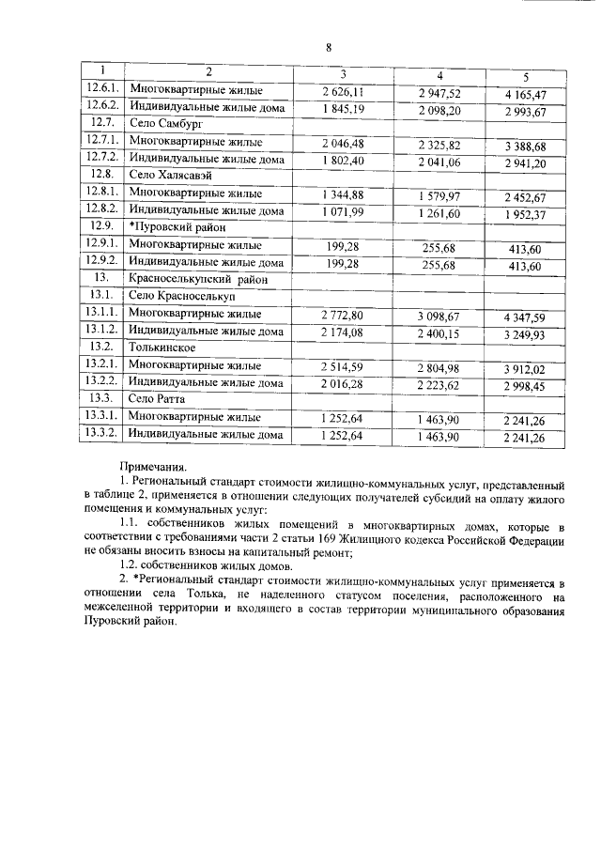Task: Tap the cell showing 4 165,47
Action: point(525,95)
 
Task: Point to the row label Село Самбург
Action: point(165,123)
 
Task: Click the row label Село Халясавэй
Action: point(172,175)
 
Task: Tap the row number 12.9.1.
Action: point(100,244)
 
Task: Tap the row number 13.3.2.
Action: point(100,435)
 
